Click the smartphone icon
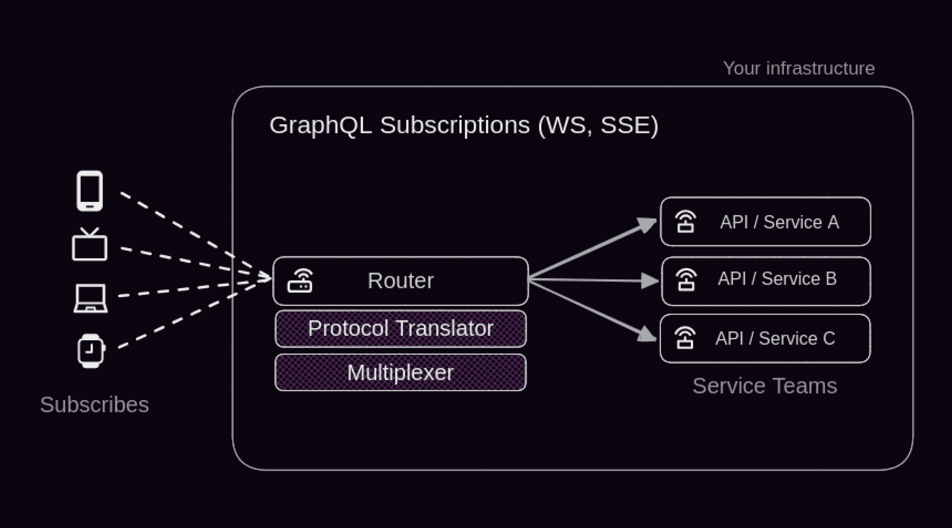coord(90,191)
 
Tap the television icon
coord(89,245)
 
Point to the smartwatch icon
coord(91,351)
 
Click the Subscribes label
coord(94,405)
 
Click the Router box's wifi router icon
coord(300,281)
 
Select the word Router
coord(401,281)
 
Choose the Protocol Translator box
coord(401,328)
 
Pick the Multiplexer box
coord(401,372)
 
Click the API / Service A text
coord(779,222)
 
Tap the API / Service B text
coord(777,279)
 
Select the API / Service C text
coord(775,338)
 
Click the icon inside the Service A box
coord(686,222)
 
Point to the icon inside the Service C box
coord(685,338)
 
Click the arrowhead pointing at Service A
coord(648,225)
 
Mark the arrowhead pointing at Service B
coord(650,281)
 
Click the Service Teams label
coord(765,386)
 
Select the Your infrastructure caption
coord(798,68)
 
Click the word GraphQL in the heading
coord(320,125)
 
